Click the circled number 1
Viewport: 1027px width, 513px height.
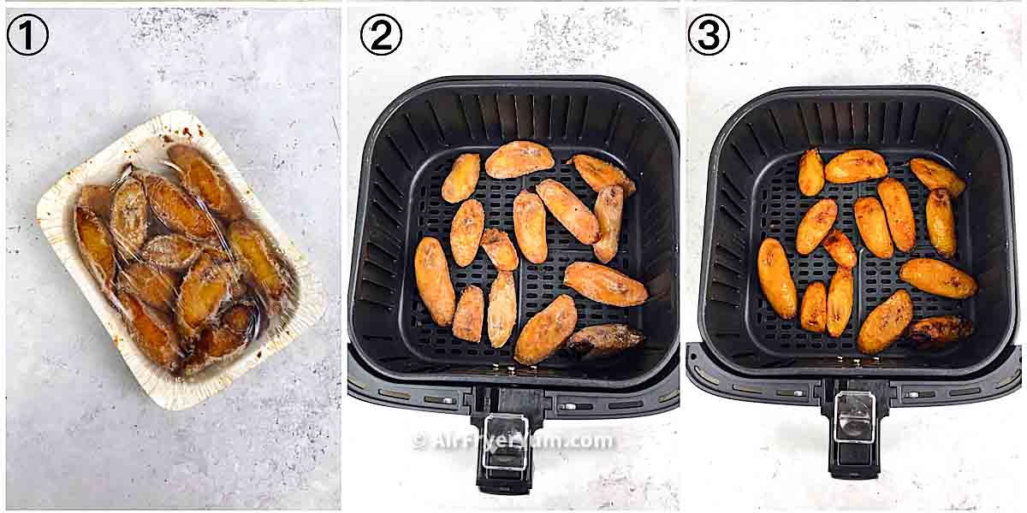pos(27,35)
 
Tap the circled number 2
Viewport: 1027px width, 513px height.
pos(381,35)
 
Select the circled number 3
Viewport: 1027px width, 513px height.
pos(709,35)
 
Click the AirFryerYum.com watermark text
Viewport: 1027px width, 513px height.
pos(513,441)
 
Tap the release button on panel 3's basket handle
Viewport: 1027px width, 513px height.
pos(855,418)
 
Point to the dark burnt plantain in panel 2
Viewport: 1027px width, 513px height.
pos(604,339)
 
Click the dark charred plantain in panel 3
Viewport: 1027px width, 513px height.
pos(941,330)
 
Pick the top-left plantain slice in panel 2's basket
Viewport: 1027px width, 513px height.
pos(461,178)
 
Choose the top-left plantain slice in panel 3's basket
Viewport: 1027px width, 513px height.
pos(811,172)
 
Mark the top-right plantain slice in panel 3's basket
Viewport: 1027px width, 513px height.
pos(937,175)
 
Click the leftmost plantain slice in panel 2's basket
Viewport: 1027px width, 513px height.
pos(434,280)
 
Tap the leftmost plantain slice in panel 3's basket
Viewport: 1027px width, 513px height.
pos(776,278)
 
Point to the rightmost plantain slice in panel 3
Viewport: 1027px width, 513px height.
pos(938,278)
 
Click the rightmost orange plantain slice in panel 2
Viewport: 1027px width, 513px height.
pos(606,285)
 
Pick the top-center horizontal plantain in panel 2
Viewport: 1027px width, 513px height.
pos(519,159)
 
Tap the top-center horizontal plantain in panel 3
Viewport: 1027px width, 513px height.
pos(856,166)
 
